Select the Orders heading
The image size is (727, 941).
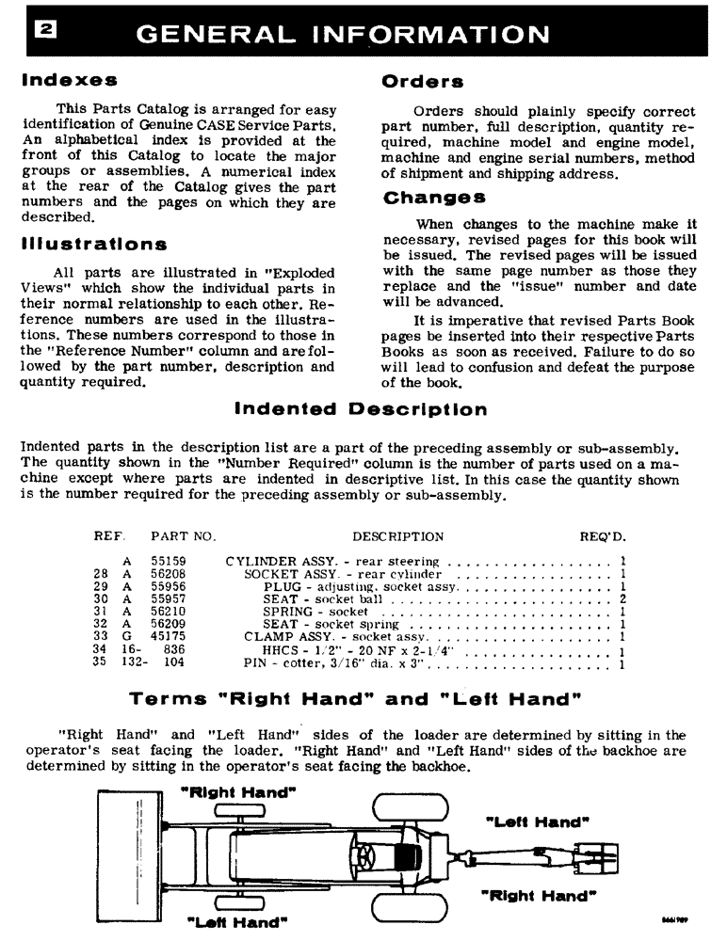423,82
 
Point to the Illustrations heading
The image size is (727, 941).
94,245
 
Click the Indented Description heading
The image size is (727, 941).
361,409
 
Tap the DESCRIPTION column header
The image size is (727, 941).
397,536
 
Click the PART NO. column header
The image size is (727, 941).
184,536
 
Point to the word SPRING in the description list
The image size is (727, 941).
284,611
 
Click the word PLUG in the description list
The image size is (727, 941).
281,586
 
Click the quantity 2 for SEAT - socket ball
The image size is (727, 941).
623,598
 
